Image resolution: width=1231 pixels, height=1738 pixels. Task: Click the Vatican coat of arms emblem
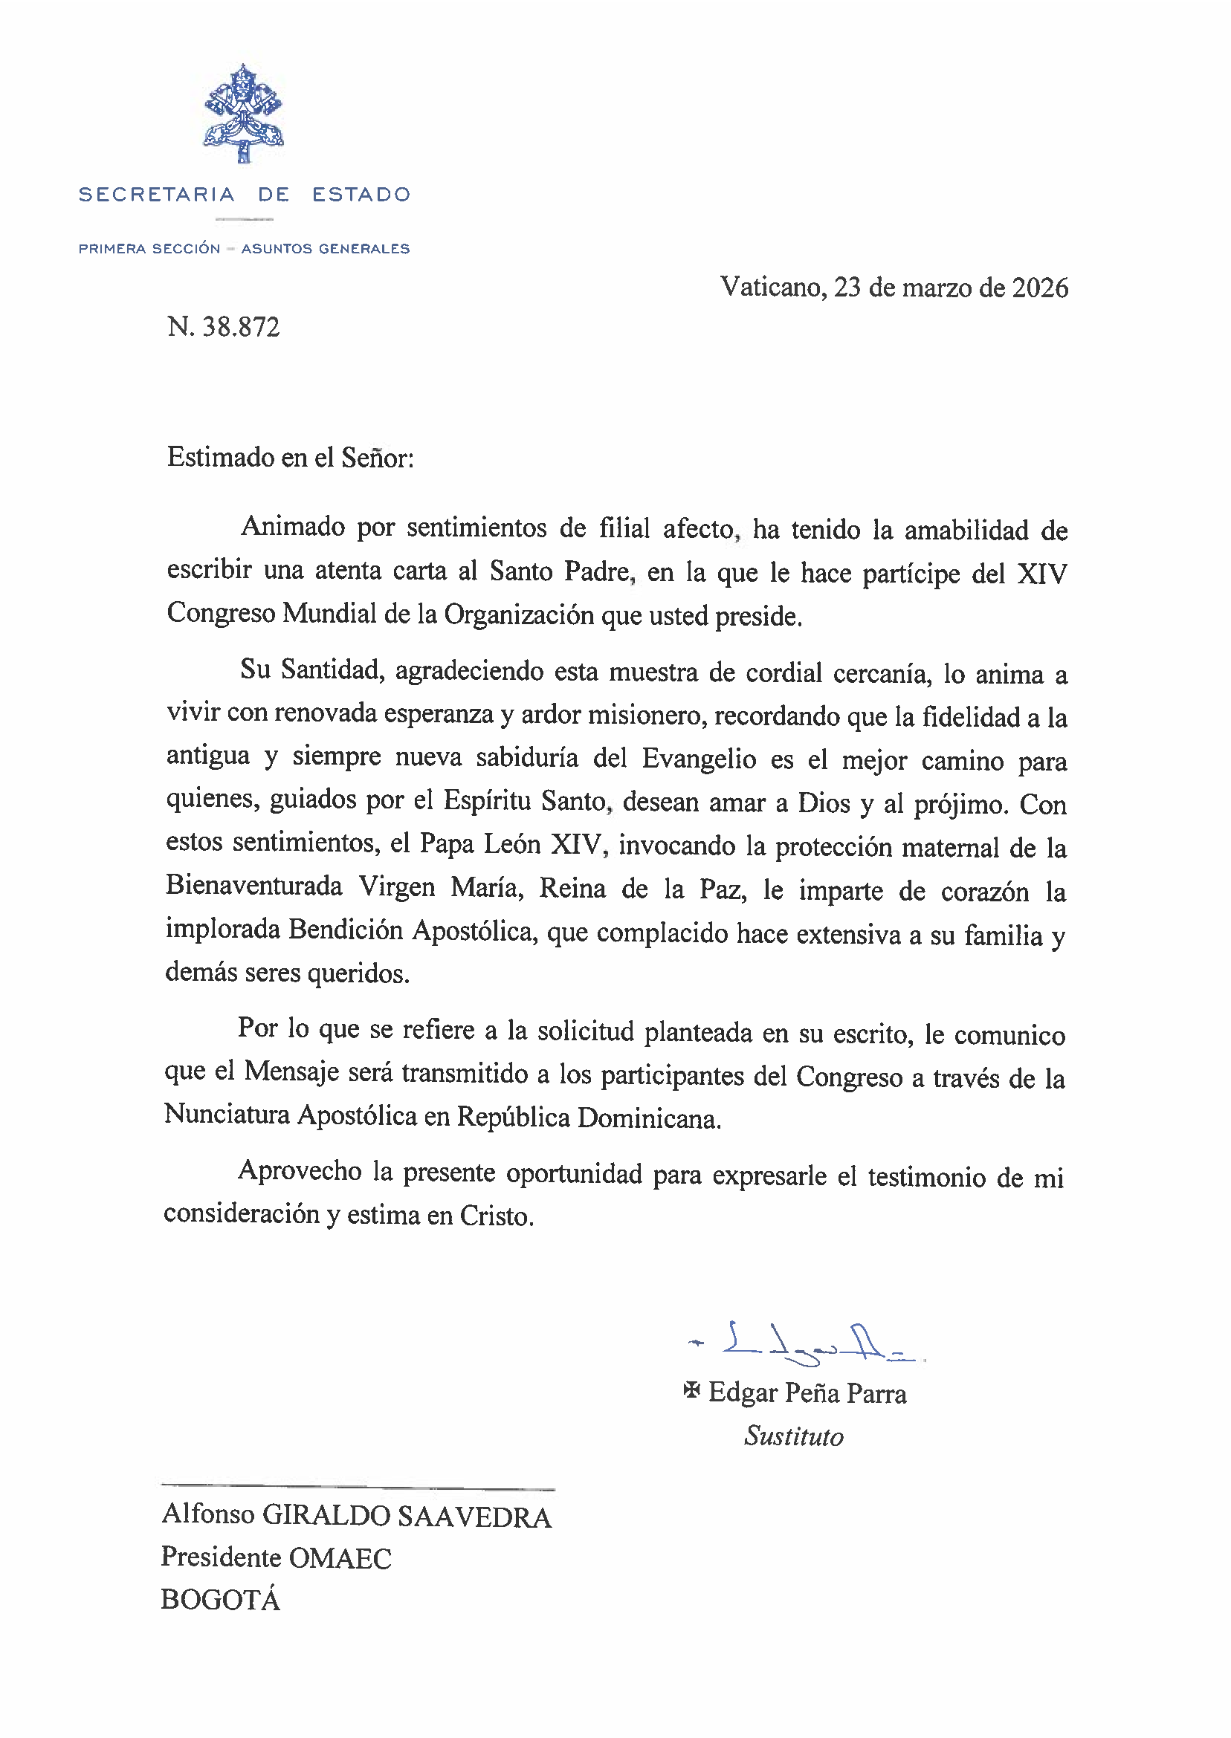coord(243,114)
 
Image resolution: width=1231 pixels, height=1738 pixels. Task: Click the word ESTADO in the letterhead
coord(361,195)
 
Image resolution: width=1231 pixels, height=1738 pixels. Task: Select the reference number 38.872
coord(241,327)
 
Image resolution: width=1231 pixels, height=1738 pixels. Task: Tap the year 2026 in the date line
coord(1040,288)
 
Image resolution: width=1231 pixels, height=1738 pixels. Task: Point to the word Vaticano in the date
coord(772,288)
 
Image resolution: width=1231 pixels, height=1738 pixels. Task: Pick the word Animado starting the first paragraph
coord(293,527)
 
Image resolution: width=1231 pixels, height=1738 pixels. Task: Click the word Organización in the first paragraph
coord(518,615)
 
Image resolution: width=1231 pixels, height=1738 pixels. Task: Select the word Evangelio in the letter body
coord(699,759)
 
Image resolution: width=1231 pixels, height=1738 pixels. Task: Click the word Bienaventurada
coord(254,886)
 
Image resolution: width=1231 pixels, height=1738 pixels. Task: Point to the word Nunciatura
coord(227,1115)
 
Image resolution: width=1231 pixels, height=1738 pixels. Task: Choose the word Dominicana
coord(648,1118)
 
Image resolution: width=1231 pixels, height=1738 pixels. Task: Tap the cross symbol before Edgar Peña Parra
coord(691,1390)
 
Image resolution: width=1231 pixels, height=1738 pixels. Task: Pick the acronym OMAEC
coord(340,1558)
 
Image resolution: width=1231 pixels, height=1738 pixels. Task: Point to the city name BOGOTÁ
coord(221,1600)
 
